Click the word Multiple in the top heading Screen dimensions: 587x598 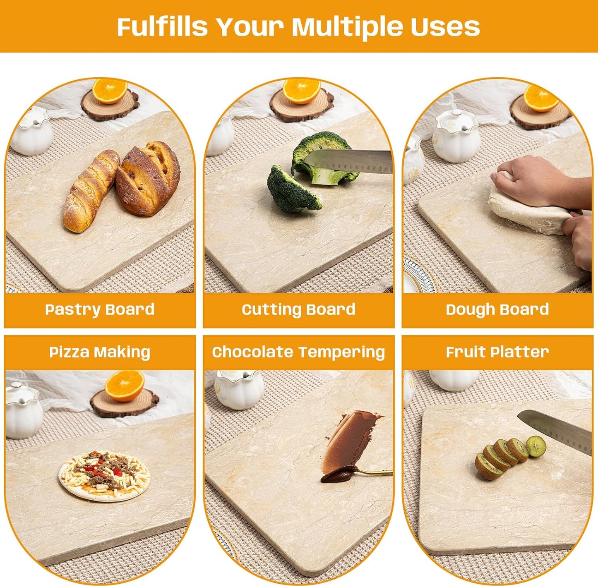tap(347, 27)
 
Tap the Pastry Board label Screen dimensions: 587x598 tap(99, 309)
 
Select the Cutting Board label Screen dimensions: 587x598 tap(298, 309)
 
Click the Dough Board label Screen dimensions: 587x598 tap(497, 309)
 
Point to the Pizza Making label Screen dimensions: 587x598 tap(99, 352)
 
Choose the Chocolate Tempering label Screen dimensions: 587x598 tap(298, 352)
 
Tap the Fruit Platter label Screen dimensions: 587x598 tap(497, 352)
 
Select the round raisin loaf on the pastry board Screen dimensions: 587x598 tap(148, 179)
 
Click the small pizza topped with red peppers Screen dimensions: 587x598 tap(104, 475)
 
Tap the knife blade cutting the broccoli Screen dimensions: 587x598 tap(352, 161)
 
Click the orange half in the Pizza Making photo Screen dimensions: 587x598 tap(124, 386)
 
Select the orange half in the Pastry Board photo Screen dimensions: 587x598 tap(110, 91)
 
